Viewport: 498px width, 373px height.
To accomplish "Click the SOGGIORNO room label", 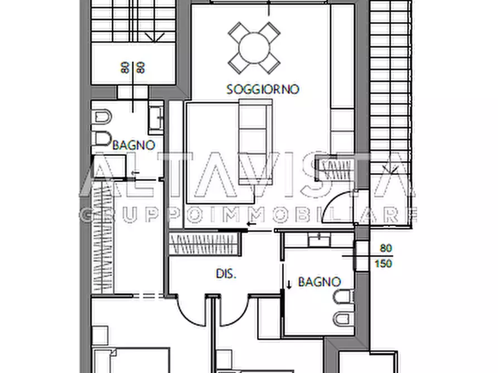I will tap(263, 89).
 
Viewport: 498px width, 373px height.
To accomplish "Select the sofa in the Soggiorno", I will tap(255, 141).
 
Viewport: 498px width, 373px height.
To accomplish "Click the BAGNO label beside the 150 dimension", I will tap(320, 282).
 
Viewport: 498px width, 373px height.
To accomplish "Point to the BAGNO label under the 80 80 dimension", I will tap(134, 145).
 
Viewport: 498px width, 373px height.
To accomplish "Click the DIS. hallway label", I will tap(227, 274).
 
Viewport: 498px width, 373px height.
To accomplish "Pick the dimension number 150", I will tap(385, 263).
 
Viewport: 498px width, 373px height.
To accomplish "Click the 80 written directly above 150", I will tap(385, 248).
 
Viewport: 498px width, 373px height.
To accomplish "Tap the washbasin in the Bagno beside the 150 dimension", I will tap(320, 241).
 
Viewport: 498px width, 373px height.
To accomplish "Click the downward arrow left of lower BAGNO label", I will tap(289, 284).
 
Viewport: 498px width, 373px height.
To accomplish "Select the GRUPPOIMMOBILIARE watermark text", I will tap(249, 214).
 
